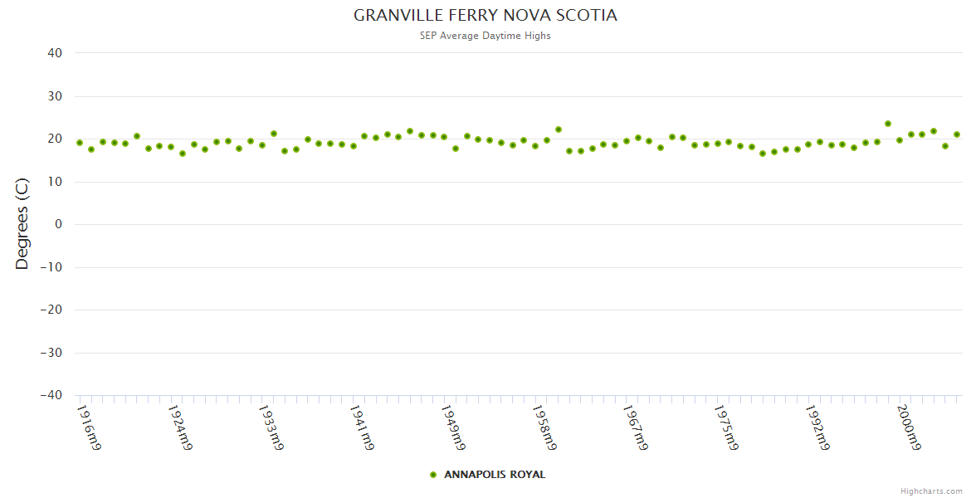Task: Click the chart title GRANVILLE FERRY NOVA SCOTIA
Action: tap(486, 16)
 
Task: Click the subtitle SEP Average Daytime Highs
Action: tap(486, 36)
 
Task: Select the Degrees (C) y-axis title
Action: tap(22, 224)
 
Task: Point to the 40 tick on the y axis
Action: tap(55, 53)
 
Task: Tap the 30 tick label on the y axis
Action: tap(55, 96)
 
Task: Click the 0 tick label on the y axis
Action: tap(58, 224)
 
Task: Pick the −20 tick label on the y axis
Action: tap(51, 310)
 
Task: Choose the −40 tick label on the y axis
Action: tap(51, 395)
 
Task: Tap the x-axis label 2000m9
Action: tap(908, 428)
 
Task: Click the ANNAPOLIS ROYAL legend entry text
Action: tap(495, 475)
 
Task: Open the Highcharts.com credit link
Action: tap(931, 491)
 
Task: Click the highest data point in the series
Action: tap(888, 124)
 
